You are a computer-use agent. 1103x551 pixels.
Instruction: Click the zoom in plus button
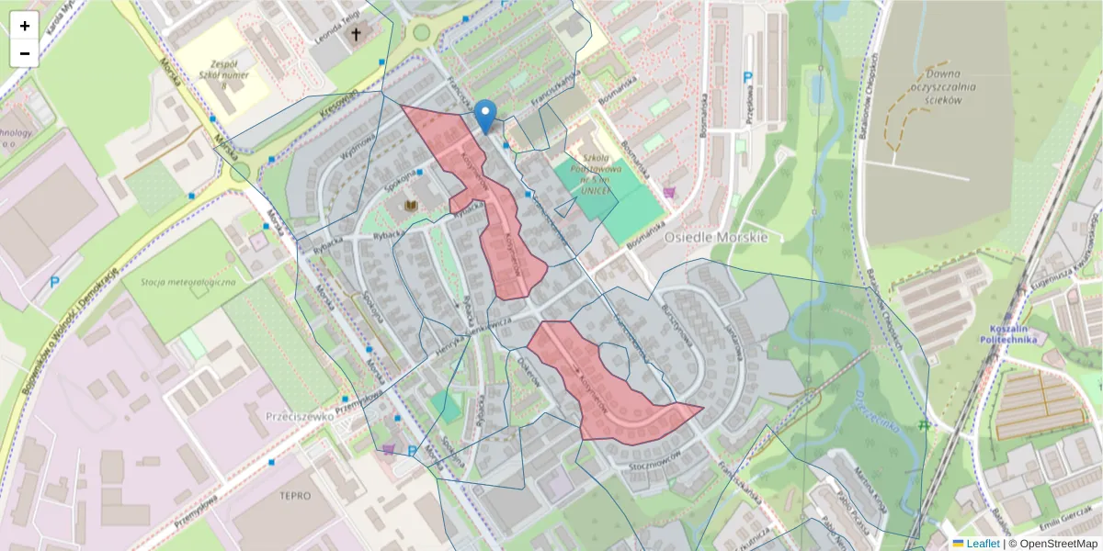(25, 26)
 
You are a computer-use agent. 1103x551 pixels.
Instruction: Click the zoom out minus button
(25, 53)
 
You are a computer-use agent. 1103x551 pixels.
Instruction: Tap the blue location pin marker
(486, 117)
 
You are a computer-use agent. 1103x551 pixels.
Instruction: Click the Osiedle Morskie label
(715, 237)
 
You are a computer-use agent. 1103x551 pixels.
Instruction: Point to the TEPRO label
(294, 496)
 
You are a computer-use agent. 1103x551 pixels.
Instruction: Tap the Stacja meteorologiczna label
(188, 282)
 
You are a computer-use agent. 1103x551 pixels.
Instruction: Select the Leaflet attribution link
(983, 543)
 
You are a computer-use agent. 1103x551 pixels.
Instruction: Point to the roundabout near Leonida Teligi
(421, 33)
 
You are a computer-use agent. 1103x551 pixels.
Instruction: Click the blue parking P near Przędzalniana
(748, 78)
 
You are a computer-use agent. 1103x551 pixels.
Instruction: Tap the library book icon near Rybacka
(413, 204)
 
